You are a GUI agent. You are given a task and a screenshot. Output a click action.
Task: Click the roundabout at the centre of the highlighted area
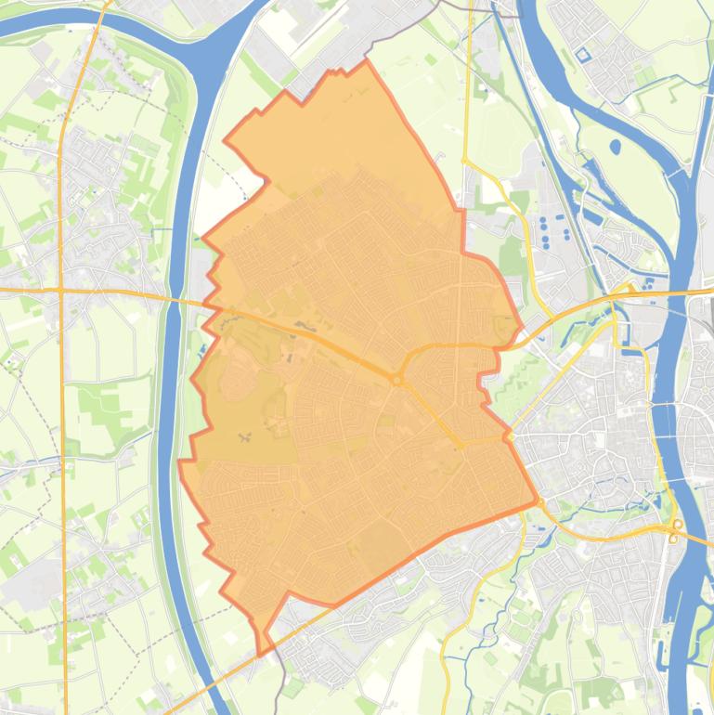pyautogui.click(x=396, y=380)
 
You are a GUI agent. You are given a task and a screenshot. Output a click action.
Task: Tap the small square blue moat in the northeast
pyautogui.click(x=583, y=55)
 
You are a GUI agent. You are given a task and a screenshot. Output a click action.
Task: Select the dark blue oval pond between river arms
pyautogui.click(x=614, y=146)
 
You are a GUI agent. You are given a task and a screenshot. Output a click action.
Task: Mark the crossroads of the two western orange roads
pyautogui.click(x=60, y=291)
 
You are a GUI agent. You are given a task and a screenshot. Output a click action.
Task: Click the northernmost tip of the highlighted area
pyautogui.click(x=366, y=61)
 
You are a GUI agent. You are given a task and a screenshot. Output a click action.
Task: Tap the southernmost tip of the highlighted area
pyautogui.click(x=259, y=654)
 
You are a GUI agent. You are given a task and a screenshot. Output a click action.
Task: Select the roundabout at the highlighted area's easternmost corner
pyautogui.click(x=539, y=502)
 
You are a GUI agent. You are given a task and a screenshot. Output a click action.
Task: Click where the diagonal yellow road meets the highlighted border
pyautogui.click(x=510, y=435)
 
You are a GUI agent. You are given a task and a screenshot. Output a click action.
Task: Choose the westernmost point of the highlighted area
pyautogui.click(x=179, y=461)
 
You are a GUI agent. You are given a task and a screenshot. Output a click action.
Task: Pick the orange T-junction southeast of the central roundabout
pyautogui.click(x=460, y=445)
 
